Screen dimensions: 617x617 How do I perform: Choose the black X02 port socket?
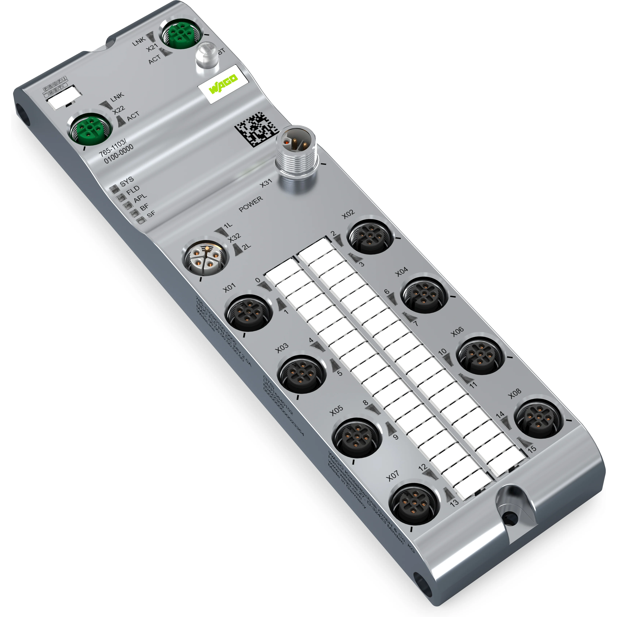point(370,235)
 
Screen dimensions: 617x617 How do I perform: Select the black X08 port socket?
point(539,418)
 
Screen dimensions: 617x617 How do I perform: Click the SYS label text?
point(127,181)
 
